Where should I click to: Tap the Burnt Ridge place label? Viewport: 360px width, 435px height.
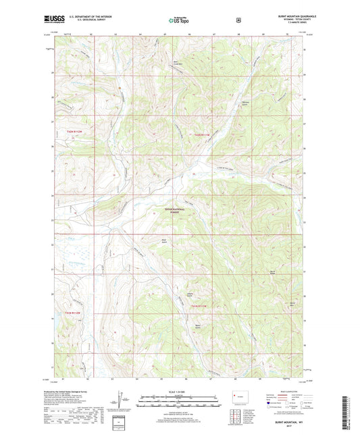(x=273, y=272)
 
